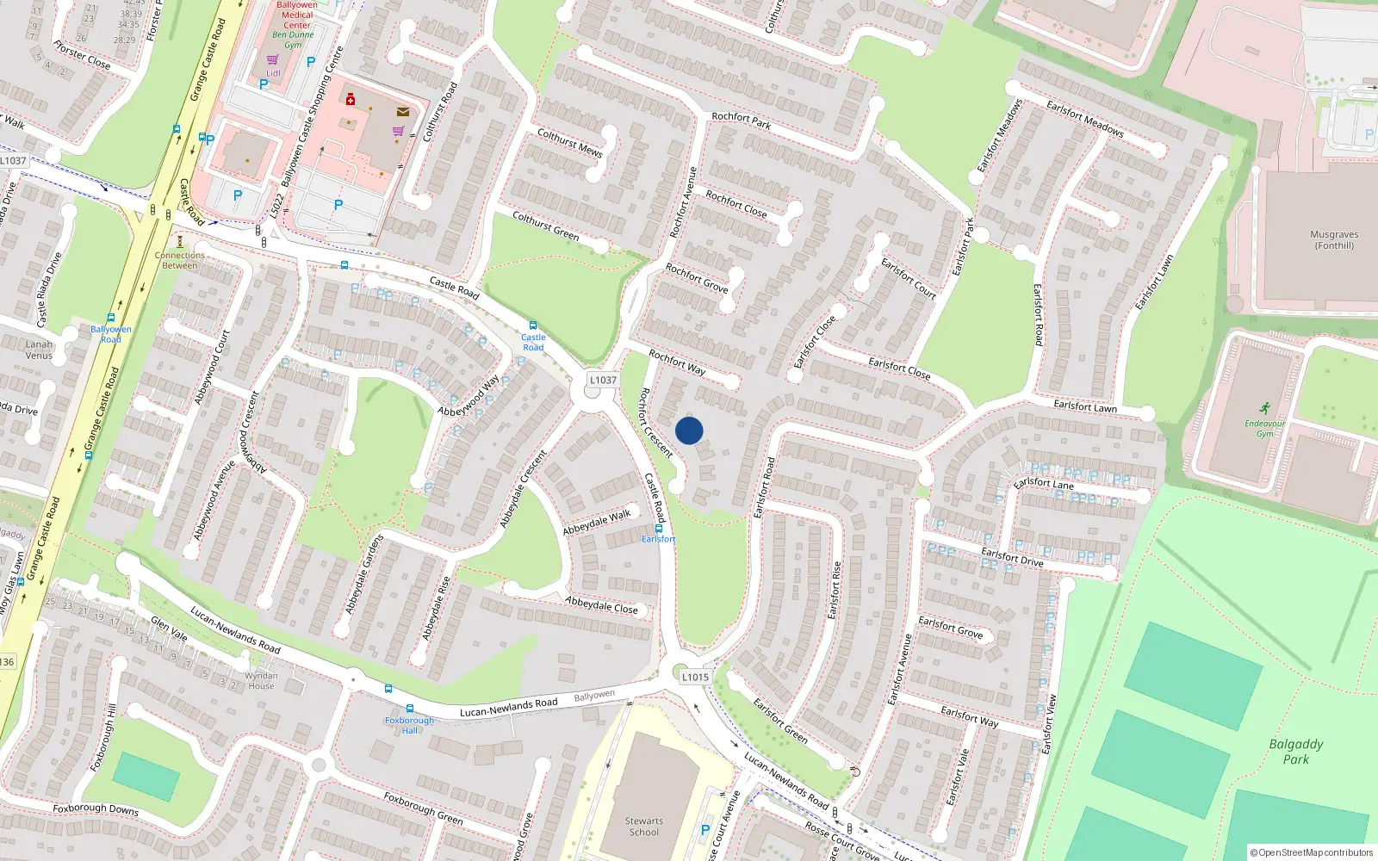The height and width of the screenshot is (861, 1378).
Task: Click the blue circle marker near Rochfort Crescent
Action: click(x=689, y=430)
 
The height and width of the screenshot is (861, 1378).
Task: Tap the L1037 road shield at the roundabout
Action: click(x=603, y=380)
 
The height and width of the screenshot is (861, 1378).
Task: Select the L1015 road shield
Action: click(x=695, y=677)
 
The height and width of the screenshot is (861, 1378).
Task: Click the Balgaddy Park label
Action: click(x=1295, y=752)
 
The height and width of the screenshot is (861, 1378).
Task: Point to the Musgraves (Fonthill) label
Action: click(x=1334, y=239)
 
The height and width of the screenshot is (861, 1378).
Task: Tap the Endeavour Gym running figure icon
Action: click(x=1264, y=408)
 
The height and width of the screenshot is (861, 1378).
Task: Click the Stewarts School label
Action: click(x=644, y=827)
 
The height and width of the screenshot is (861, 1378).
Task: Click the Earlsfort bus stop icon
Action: click(x=659, y=528)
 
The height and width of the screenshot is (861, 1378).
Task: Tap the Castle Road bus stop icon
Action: click(x=533, y=325)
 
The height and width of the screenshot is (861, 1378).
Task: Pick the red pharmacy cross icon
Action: click(x=351, y=100)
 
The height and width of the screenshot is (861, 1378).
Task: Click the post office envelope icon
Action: click(x=402, y=112)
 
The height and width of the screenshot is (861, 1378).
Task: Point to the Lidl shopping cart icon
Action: click(x=273, y=59)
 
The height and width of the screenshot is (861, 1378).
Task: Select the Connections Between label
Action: click(x=180, y=260)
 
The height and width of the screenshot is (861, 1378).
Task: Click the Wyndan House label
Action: click(x=261, y=681)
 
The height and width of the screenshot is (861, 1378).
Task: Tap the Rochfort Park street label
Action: click(x=741, y=121)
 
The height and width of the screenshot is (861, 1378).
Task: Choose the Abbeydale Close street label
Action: click(x=601, y=605)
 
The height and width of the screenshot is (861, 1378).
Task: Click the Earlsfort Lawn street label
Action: click(x=1085, y=406)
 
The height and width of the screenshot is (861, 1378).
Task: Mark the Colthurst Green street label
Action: click(x=545, y=226)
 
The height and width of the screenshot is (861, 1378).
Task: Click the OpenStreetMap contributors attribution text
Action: click(x=1312, y=852)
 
